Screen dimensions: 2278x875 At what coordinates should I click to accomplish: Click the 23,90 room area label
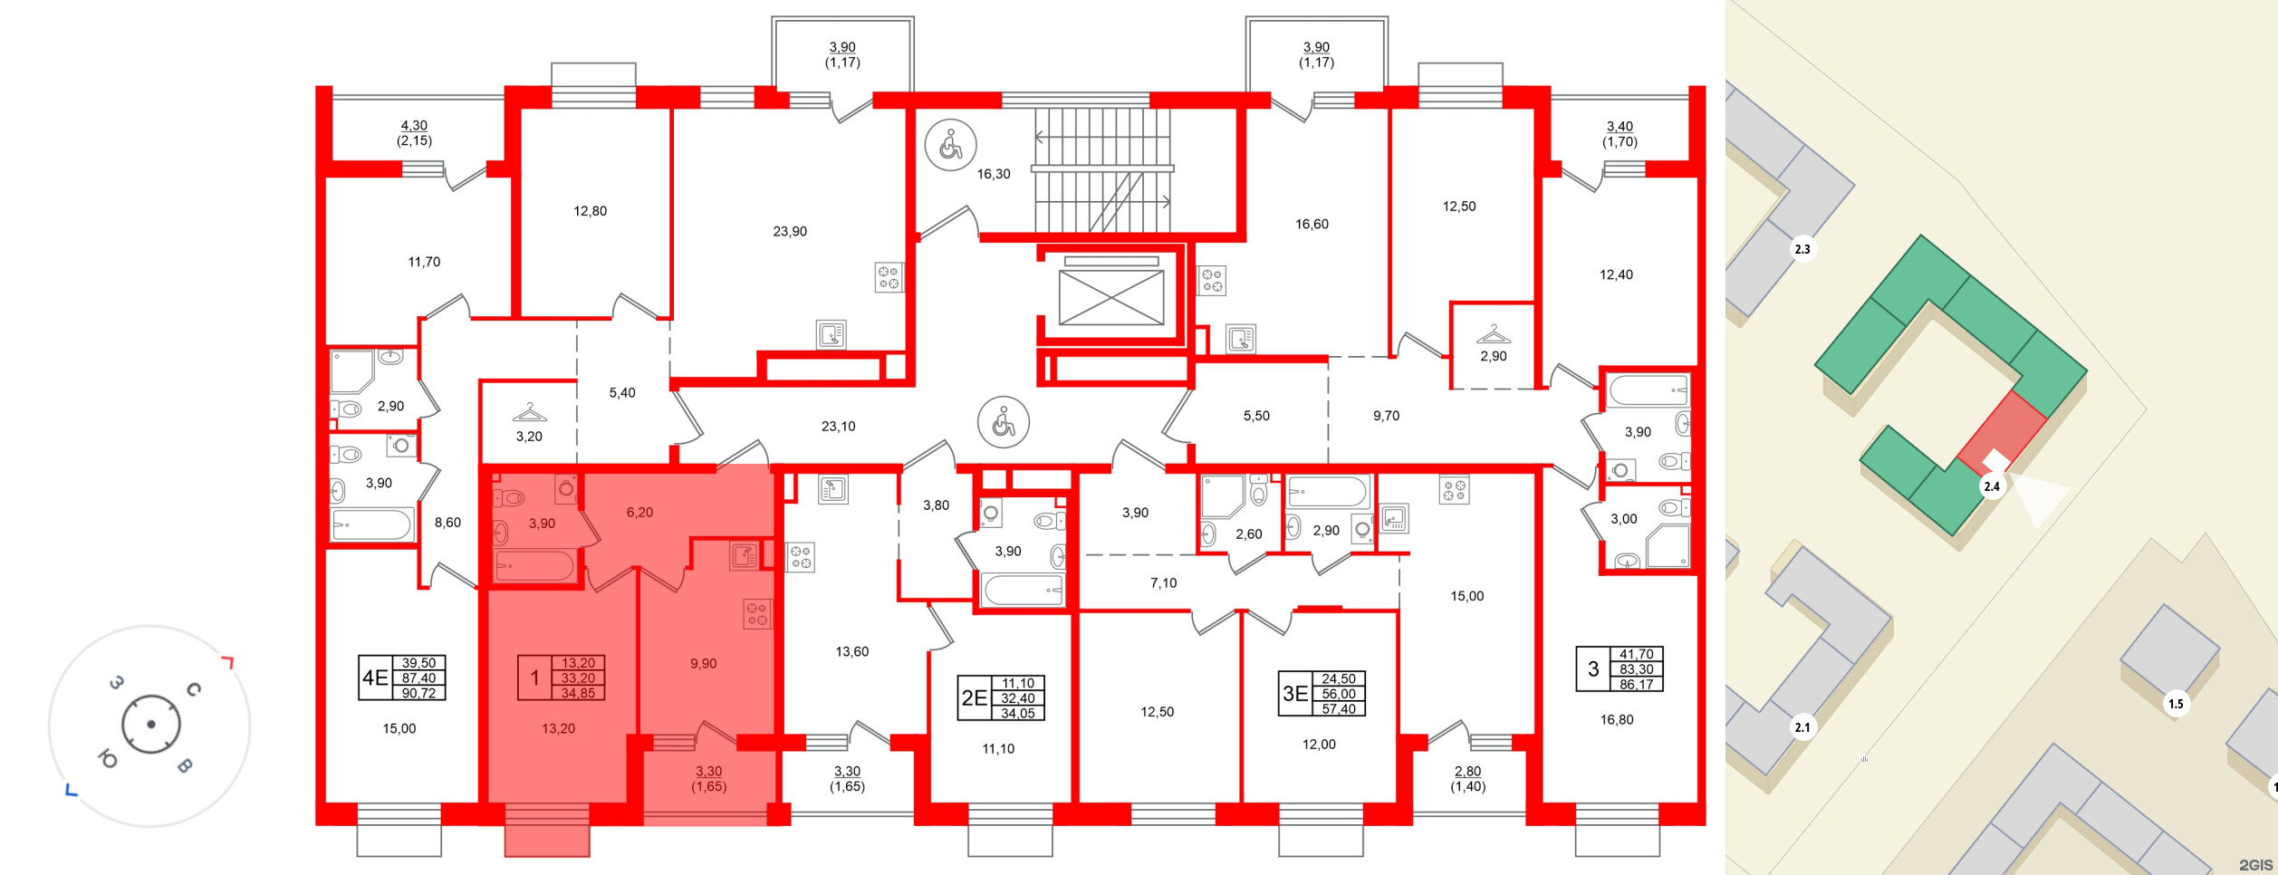tap(790, 232)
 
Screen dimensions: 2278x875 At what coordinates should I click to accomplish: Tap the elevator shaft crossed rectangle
tap(1111, 296)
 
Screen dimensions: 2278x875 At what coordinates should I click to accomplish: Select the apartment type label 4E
tap(375, 678)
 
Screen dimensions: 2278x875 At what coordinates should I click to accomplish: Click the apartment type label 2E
tap(974, 698)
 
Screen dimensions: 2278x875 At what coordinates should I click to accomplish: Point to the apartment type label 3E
tap(1295, 694)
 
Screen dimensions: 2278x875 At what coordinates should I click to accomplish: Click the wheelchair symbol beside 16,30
tap(950, 145)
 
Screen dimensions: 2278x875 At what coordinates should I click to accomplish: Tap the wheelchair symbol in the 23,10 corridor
tap(1004, 422)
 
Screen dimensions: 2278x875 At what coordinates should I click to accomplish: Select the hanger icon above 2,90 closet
tap(1494, 333)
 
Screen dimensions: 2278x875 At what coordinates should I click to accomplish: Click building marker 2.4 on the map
tap(1992, 486)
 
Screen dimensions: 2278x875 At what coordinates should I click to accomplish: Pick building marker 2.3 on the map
tap(1802, 249)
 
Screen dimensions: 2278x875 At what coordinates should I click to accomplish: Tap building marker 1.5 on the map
tap(2176, 704)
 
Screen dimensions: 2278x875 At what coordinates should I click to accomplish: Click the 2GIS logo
tap(2255, 865)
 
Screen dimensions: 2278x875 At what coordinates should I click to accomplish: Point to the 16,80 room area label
tap(1617, 720)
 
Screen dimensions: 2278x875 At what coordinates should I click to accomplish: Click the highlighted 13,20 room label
tap(558, 728)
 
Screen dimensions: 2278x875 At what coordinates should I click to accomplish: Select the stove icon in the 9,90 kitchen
tap(757, 614)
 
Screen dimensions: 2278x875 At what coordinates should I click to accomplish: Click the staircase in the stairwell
tap(1103, 170)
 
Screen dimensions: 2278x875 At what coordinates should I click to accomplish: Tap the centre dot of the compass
tap(151, 725)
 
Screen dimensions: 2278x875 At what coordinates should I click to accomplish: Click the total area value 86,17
tap(1637, 685)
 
